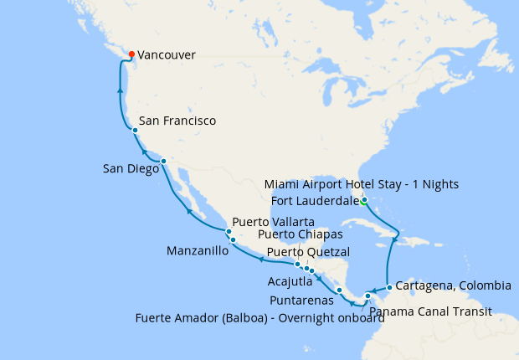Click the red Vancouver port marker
click(x=131, y=55)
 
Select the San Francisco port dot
click(x=135, y=130)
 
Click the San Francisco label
click(x=177, y=121)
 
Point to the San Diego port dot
click(x=163, y=161)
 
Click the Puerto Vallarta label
click(x=274, y=222)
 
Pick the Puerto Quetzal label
click(x=308, y=252)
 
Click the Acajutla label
click(x=291, y=281)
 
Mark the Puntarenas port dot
click(x=339, y=291)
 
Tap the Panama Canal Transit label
click(x=429, y=312)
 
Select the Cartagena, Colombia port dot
click(x=389, y=287)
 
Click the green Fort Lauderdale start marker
click(x=364, y=200)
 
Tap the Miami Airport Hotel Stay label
click(x=362, y=184)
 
